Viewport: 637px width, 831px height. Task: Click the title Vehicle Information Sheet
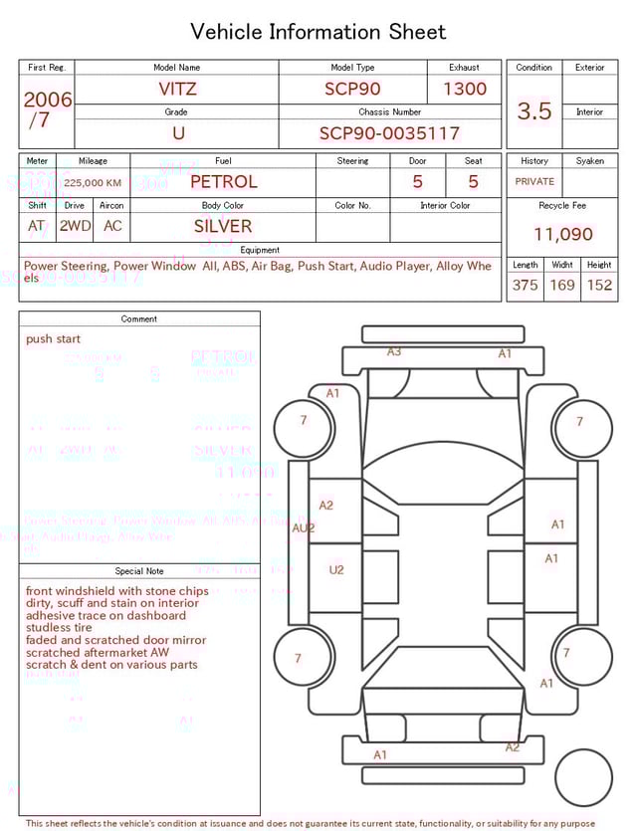(x=318, y=32)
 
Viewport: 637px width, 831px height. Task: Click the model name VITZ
(x=177, y=89)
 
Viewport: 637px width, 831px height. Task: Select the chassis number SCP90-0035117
(x=389, y=133)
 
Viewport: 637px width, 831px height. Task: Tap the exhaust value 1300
(x=465, y=89)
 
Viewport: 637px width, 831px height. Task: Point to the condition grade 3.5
(x=534, y=111)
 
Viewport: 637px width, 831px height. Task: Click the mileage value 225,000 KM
(x=93, y=183)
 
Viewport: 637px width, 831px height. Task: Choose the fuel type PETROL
(x=223, y=181)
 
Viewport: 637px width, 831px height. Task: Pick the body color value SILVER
(x=223, y=226)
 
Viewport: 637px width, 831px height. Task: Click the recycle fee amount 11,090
(x=562, y=234)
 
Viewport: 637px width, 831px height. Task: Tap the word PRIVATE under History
(x=534, y=182)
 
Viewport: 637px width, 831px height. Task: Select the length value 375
(x=525, y=285)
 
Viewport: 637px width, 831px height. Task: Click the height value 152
(x=599, y=285)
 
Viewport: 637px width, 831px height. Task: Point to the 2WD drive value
(x=75, y=226)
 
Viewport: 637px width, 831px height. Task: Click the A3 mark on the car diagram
(x=394, y=351)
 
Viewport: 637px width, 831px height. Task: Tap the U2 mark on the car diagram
(x=336, y=570)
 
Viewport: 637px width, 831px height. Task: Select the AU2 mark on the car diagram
(x=303, y=528)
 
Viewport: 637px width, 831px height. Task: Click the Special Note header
(x=139, y=571)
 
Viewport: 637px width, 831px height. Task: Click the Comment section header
(x=139, y=319)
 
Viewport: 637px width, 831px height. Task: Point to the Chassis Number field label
(x=389, y=112)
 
